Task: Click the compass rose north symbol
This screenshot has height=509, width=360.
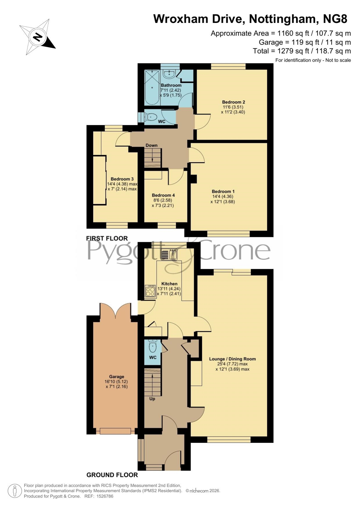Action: [x=37, y=37]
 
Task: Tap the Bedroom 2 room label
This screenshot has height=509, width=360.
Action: [x=234, y=102]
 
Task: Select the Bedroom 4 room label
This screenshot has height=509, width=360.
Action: [x=163, y=195]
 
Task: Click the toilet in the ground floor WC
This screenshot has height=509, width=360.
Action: [x=153, y=345]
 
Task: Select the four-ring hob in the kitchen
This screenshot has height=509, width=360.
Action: [x=150, y=291]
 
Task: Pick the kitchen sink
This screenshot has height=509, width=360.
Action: [x=169, y=255]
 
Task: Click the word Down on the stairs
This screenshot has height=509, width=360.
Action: [x=151, y=145]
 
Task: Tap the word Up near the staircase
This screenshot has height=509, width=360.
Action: [x=152, y=399]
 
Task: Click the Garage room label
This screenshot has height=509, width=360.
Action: [x=117, y=377]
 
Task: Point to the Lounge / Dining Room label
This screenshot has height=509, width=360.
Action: [x=232, y=359]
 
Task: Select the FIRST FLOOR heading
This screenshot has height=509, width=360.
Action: [x=107, y=238]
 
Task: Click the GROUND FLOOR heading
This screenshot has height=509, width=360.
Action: [x=112, y=475]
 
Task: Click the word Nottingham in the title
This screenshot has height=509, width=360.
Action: [x=282, y=19]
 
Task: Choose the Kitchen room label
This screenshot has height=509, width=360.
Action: [x=169, y=284]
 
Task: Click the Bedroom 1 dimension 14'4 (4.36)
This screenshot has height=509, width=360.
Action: [x=223, y=196]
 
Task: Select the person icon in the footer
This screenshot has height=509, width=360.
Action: [x=15, y=491]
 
